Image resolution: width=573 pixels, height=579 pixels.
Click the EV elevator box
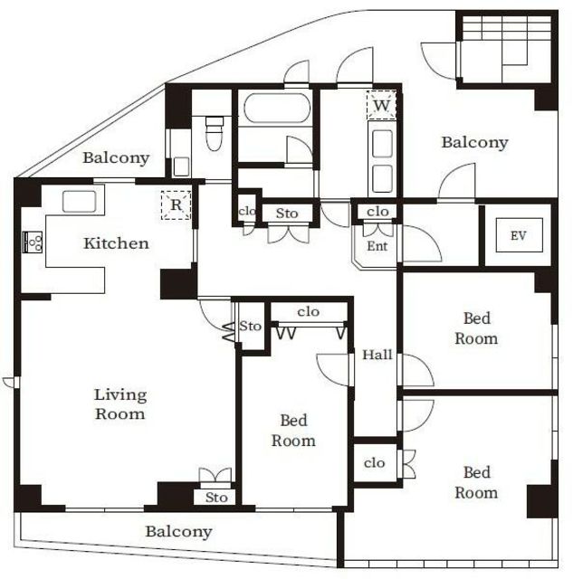[x=519, y=235]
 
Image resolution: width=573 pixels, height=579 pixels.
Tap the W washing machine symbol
[x=381, y=105]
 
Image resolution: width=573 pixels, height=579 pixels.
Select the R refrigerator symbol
[x=176, y=205]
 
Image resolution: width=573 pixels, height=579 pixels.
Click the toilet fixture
[x=215, y=133]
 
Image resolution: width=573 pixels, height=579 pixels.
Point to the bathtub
[x=277, y=108]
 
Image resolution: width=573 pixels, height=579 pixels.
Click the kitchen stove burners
[x=33, y=242]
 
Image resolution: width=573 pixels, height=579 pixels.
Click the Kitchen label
[x=117, y=243]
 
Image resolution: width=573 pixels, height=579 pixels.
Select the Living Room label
[x=120, y=404]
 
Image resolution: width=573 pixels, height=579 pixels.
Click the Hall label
[x=377, y=355]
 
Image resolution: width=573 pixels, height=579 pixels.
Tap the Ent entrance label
[x=377, y=246]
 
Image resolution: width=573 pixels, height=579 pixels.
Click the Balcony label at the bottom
[x=179, y=532]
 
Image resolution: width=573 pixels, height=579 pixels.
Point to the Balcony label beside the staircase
[x=474, y=143]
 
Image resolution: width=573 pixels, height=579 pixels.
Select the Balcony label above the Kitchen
[x=116, y=157]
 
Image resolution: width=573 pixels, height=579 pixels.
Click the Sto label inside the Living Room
[x=216, y=498]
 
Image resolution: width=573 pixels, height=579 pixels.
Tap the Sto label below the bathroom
[x=287, y=214]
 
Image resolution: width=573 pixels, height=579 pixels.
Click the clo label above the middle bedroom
[x=308, y=312]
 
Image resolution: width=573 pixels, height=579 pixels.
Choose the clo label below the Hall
[x=374, y=462]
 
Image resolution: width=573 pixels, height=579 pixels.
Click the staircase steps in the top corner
[x=506, y=49]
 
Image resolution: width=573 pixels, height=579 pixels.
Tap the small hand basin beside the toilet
[x=181, y=166]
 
